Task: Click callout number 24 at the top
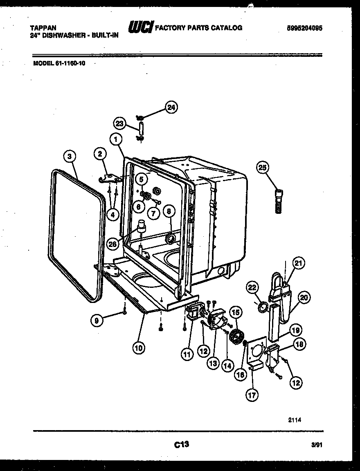point(171,108)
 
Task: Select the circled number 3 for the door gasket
point(70,156)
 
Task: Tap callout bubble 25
point(263,167)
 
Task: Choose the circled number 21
point(299,265)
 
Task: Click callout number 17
point(253,395)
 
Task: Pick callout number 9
point(97,321)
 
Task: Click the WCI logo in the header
point(141,27)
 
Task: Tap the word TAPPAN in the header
point(41,28)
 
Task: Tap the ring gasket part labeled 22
point(264,306)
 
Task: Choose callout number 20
point(303,298)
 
